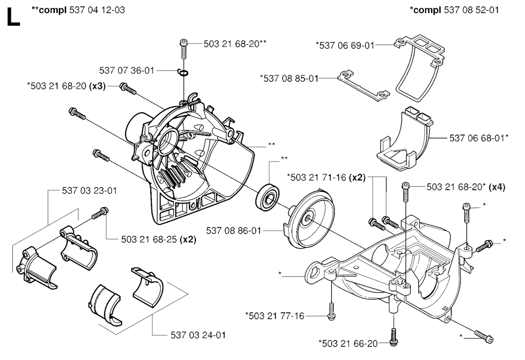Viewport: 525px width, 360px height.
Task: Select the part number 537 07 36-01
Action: click(x=127, y=70)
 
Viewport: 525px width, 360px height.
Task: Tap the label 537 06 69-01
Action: click(x=345, y=45)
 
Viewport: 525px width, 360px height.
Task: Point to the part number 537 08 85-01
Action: click(x=289, y=78)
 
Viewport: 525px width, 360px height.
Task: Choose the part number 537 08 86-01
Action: click(x=233, y=231)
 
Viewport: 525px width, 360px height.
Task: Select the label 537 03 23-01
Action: click(x=89, y=191)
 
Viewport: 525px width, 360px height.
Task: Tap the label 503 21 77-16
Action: click(x=274, y=315)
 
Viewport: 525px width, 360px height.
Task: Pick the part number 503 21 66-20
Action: click(x=348, y=343)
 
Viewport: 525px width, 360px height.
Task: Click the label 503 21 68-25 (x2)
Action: click(x=159, y=239)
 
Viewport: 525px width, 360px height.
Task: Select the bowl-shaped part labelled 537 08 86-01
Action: click(x=307, y=218)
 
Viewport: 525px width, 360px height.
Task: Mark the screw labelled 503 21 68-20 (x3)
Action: click(x=127, y=89)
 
